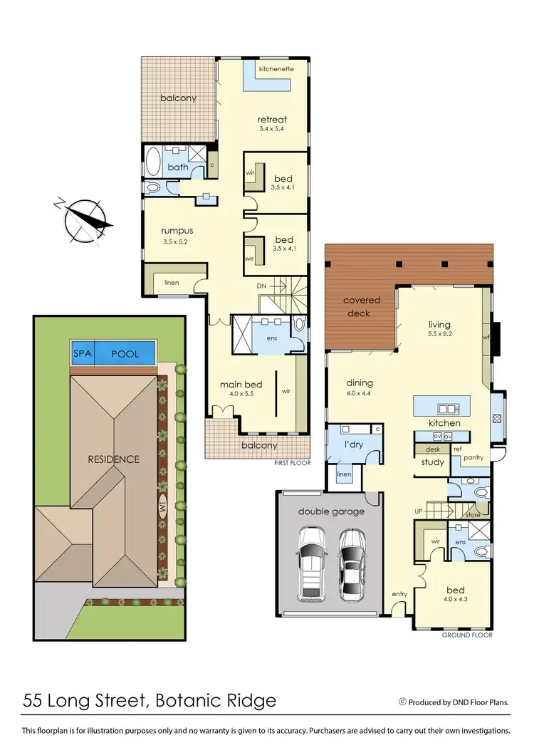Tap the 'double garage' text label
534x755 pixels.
click(x=331, y=511)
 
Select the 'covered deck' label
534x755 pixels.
click(x=362, y=306)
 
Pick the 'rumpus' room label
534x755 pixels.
click(x=177, y=230)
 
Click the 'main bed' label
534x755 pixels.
click(x=241, y=385)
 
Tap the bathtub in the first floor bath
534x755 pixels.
click(x=153, y=162)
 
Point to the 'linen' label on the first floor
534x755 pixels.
click(x=171, y=283)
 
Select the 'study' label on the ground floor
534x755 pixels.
click(x=432, y=462)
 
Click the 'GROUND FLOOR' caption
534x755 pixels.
click(x=467, y=635)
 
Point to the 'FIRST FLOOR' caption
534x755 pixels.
click(x=292, y=462)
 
